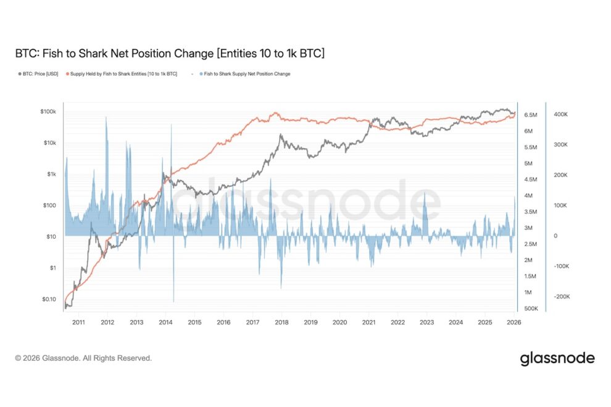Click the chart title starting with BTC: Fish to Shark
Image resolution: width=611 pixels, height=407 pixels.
(170, 54)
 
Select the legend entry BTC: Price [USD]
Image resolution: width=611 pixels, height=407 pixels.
(38, 74)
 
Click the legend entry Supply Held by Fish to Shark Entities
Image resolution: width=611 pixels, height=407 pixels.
(122, 74)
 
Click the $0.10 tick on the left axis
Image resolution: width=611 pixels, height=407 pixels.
(49, 299)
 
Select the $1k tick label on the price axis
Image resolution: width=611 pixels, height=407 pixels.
(51, 174)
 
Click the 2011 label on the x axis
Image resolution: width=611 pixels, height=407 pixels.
(78, 322)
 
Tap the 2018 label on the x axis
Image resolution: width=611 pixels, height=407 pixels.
(282, 322)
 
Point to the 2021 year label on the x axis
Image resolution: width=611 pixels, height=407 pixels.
(369, 322)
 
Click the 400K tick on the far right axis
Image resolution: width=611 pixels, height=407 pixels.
(560, 115)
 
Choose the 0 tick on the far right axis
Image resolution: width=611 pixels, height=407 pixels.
(554, 236)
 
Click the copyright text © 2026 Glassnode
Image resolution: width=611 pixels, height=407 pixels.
(83, 358)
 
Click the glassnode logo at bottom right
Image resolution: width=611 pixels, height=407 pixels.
(557, 358)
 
